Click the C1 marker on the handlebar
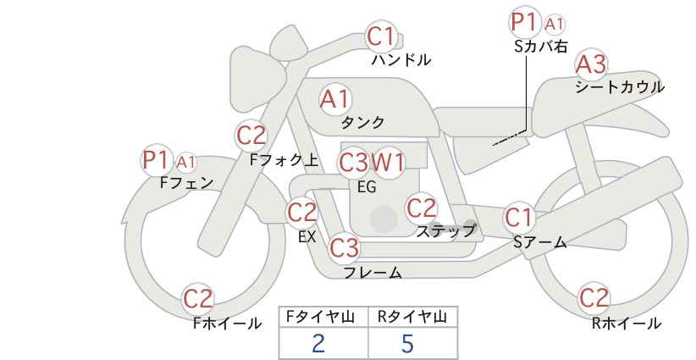coord(381,36)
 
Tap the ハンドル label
coord(401,60)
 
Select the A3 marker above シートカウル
coord(591,64)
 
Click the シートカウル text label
coord(620,87)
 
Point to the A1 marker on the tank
coord(335,99)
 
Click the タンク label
coord(362,123)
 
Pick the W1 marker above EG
coord(388,163)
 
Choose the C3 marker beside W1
coord(353,163)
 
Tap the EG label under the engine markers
coord(367,187)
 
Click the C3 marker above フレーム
coord(345,247)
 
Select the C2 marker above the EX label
coord(302,212)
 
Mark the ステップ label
coord(445,231)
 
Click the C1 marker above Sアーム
coord(518,218)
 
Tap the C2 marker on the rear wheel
coord(594,298)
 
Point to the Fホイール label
coord(227,324)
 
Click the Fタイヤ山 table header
coord(320,317)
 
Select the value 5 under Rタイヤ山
coord(407,343)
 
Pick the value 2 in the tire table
coord(318,343)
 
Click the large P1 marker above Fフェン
coord(156,160)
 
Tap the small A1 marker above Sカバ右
coord(554,25)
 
